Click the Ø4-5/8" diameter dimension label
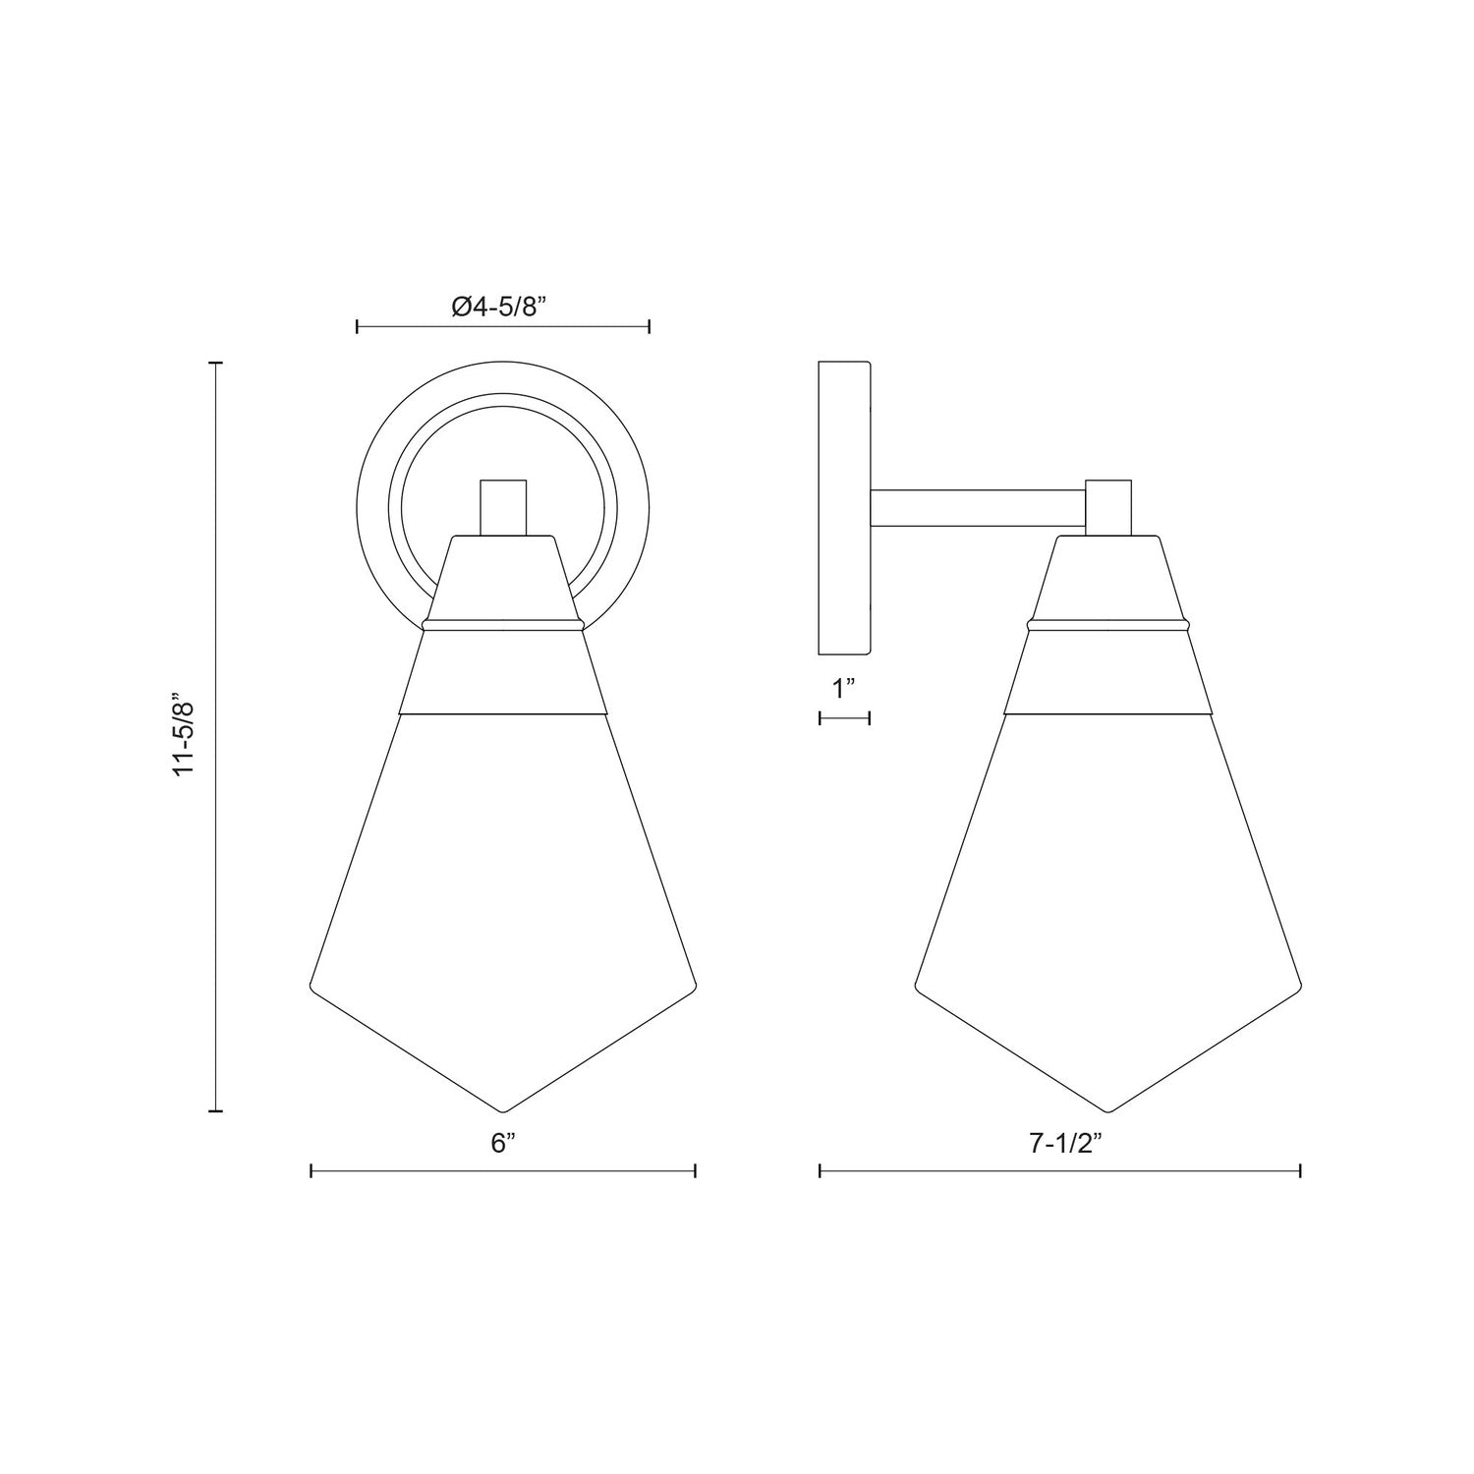pos(498,307)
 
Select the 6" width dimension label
pos(503,1143)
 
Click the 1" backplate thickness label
pos(844,689)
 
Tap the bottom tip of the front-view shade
pos(503,1111)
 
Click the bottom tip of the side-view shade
pos(1108,1111)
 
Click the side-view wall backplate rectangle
pos(844,509)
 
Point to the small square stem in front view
pos(503,507)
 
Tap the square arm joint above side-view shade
pos(1108,507)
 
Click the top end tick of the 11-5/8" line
pos(216,363)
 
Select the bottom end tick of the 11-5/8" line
pos(216,1111)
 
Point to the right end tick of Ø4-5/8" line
pos(650,325)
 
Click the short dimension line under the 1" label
pos(844,719)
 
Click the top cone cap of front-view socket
pos(503,580)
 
